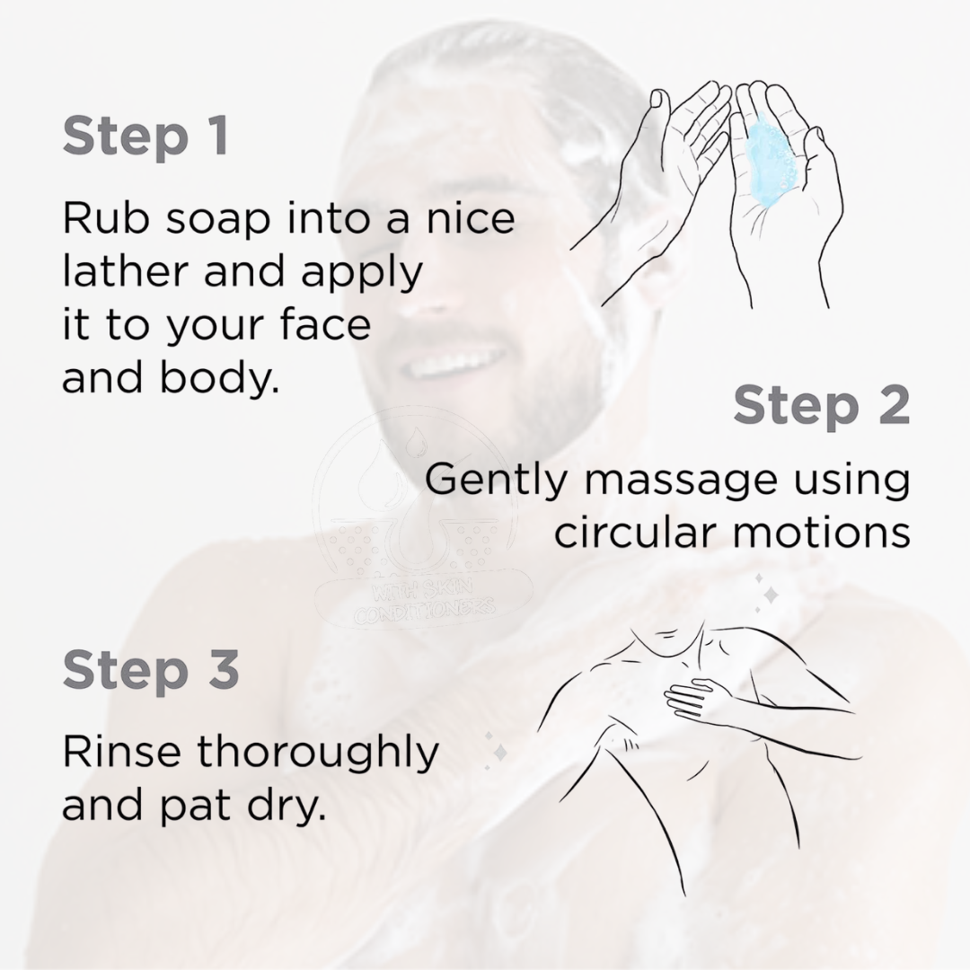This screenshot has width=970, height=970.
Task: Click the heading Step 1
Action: [x=146, y=137]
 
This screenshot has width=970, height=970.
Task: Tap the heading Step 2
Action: [x=822, y=406]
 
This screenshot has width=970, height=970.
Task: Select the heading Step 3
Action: [x=150, y=671]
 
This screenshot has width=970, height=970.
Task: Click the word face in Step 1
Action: [x=325, y=324]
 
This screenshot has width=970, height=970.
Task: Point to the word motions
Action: [x=821, y=532]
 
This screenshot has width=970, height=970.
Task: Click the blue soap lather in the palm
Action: [x=768, y=164]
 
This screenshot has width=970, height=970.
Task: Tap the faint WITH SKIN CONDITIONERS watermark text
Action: [x=424, y=600]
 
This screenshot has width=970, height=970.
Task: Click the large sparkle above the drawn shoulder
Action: [x=771, y=595]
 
